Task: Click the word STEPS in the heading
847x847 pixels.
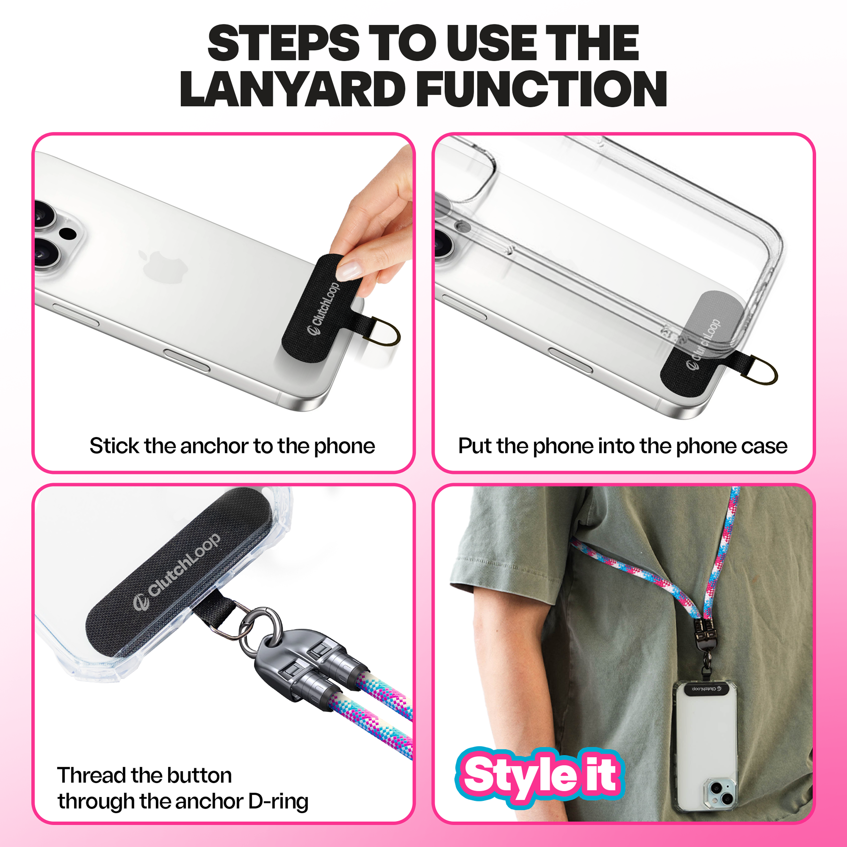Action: tap(284, 43)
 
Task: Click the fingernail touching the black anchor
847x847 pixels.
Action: tap(350, 269)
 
